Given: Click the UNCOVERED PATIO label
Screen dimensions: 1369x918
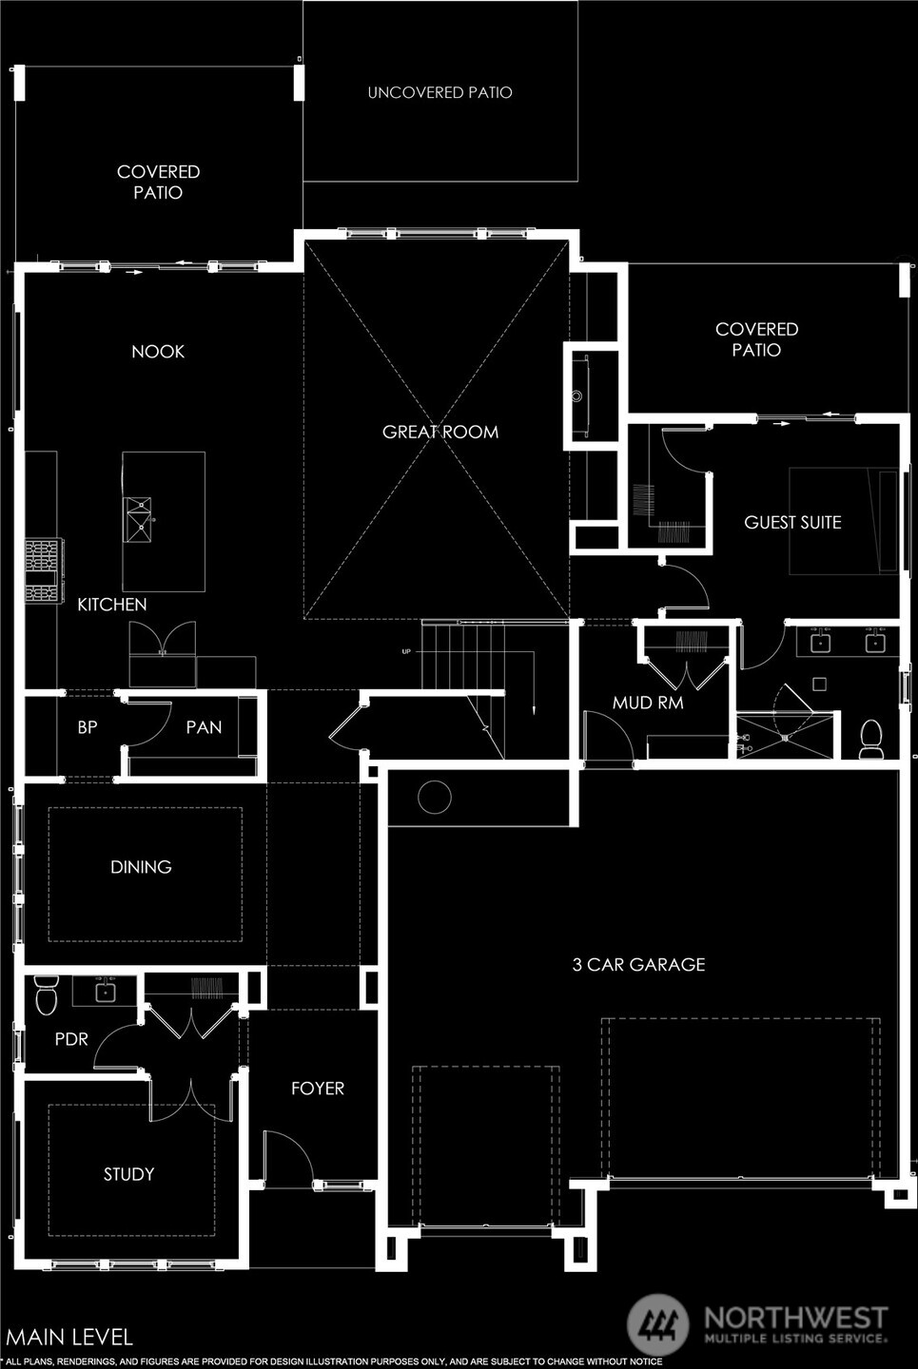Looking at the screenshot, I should (x=439, y=92).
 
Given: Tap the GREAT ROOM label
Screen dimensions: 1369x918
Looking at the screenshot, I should (x=439, y=432).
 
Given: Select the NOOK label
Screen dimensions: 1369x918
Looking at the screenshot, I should (x=158, y=352).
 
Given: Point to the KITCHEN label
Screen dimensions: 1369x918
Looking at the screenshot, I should (x=111, y=605).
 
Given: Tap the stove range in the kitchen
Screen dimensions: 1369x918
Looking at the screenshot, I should (x=43, y=569).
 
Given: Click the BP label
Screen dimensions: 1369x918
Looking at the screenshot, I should (x=88, y=727).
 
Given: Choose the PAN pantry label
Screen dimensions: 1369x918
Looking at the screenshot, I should (x=204, y=727).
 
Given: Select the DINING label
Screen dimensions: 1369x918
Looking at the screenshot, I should (x=141, y=867).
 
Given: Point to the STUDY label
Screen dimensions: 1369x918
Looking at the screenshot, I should (x=128, y=1175).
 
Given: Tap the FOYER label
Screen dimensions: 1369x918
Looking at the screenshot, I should (x=318, y=1089).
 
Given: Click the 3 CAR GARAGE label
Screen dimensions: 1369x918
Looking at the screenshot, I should (x=638, y=965).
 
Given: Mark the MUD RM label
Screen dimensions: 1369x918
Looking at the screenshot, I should (x=648, y=704).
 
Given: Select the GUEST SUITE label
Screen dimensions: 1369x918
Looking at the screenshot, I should (x=792, y=522).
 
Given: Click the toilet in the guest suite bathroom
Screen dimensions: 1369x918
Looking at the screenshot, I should (x=871, y=739).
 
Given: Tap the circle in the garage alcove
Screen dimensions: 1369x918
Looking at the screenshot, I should (x=435, y=797).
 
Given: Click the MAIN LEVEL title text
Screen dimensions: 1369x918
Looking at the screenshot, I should (x=69, y=1337).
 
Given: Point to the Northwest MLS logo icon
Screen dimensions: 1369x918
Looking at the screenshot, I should (x=658, y=1324).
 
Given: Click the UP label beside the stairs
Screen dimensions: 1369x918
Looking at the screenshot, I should (x=407, y=651).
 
